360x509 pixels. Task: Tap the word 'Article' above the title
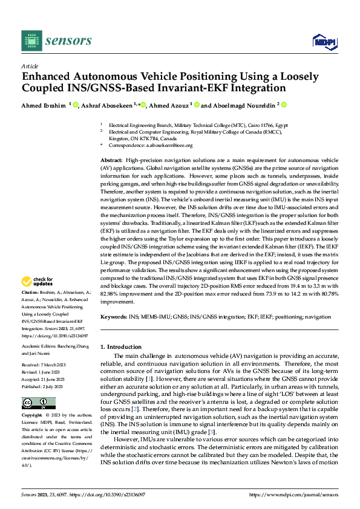click(30, 65)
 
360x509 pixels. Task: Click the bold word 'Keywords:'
click(114, 317)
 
